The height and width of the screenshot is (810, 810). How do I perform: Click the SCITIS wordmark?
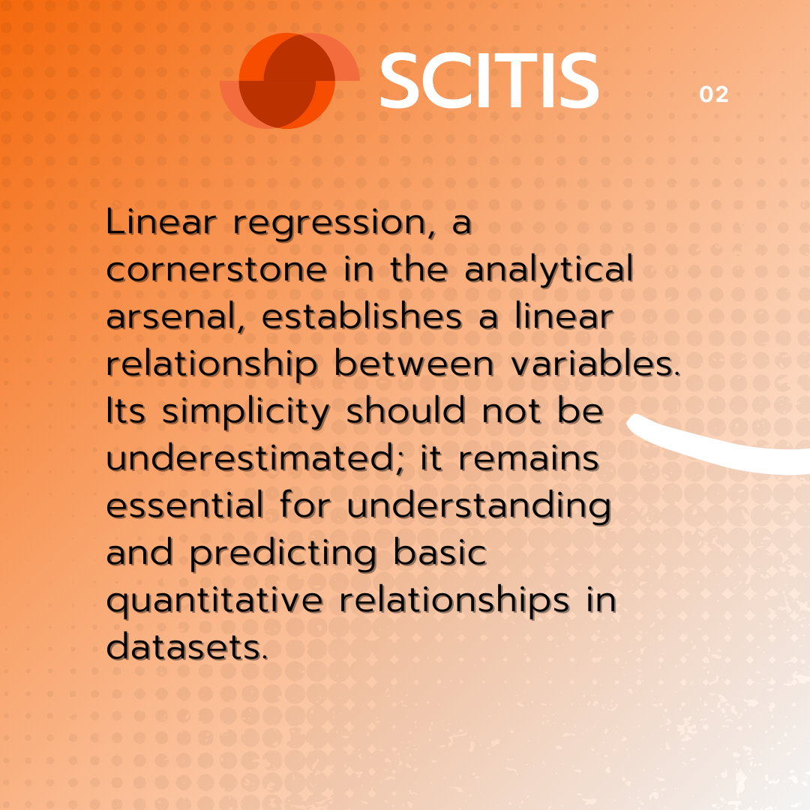point(489,80)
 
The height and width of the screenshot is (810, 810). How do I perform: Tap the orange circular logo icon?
point(289,80)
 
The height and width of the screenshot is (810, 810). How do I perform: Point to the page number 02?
point(714,94)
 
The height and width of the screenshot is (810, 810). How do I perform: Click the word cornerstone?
point(217,270)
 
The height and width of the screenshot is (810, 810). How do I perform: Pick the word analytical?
point(548,271)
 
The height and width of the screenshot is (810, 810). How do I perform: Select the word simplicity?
point(246,412)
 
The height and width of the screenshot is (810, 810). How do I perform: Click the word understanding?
point(479,507)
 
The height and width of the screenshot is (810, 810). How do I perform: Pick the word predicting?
point(283,554)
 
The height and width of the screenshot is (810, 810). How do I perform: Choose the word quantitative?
point(215,601)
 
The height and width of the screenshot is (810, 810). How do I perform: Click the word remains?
point(529,459)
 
